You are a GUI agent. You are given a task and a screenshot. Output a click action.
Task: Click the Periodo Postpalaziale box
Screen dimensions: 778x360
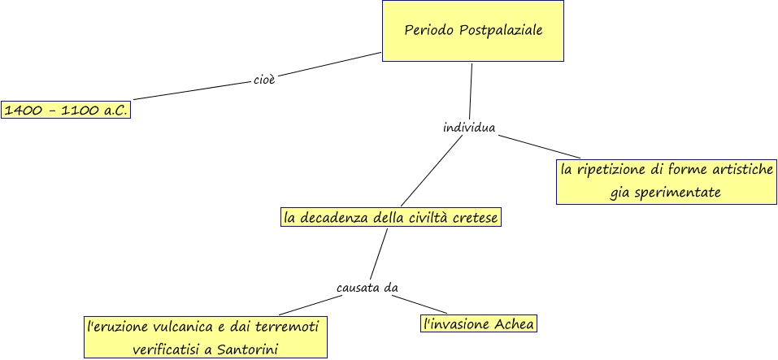[472, 31]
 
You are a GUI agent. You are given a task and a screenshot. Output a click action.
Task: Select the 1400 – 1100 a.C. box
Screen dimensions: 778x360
[66, 110]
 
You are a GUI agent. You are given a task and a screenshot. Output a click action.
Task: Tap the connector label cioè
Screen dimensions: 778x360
[264, 80]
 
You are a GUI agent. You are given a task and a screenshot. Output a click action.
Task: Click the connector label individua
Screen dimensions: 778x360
[469, 128]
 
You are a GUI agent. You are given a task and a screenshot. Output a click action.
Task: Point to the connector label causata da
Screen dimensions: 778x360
[367, 288]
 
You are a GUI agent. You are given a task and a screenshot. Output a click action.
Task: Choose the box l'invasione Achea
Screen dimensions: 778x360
[479, 324]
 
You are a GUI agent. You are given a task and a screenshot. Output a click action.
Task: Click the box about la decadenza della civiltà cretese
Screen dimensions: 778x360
[389, 218]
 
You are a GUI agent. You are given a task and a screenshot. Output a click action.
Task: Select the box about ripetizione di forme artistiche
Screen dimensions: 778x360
[666, 181]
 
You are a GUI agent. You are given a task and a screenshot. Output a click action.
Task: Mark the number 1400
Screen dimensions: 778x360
[23, 110]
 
